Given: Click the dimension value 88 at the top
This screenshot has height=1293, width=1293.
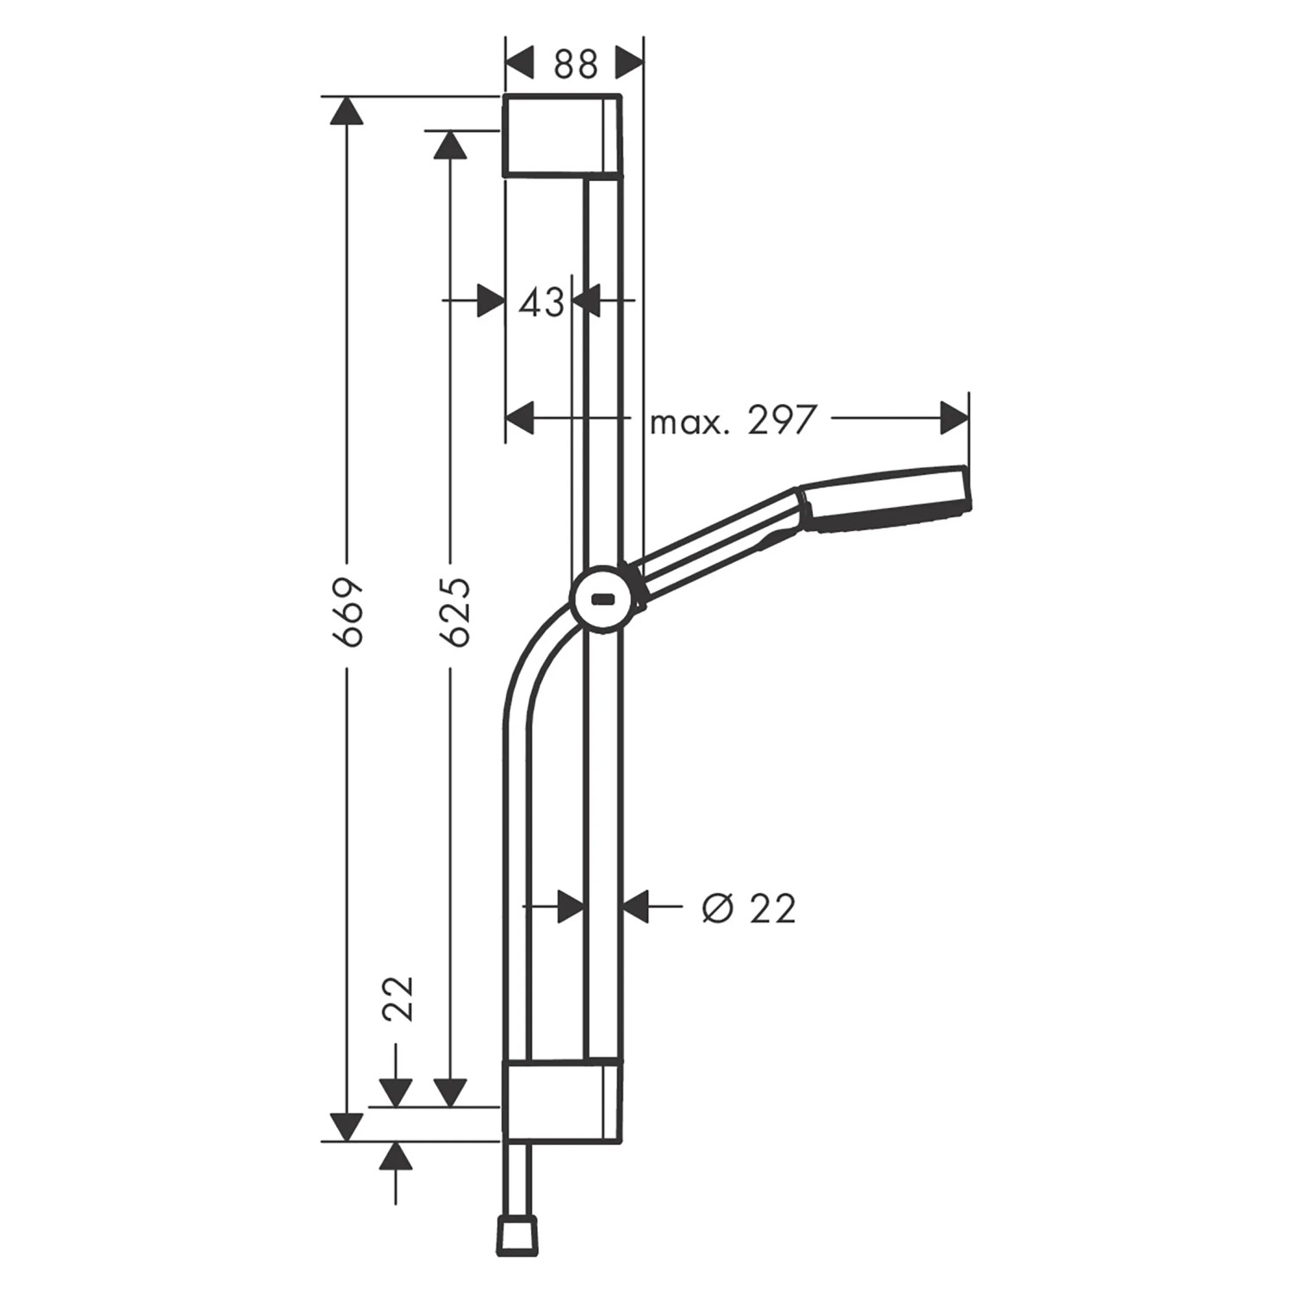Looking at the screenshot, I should click(575, 64).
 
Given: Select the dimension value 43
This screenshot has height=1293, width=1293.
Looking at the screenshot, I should click(541, 302).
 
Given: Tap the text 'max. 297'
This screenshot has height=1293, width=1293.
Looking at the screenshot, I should click(732, 421).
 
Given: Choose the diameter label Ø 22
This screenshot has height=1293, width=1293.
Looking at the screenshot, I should click(748, 908).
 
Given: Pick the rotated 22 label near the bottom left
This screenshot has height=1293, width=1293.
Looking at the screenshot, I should click(398, 998).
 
